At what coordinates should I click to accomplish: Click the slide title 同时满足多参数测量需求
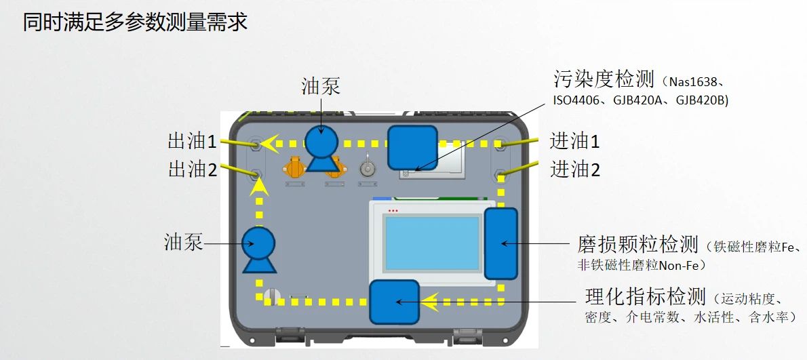click(136, 22)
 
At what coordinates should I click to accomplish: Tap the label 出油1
click(193, 142)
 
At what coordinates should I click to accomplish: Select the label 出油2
click(193, 169)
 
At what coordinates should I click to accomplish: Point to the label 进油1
click(574, 142)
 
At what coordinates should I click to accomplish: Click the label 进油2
click(574, 169)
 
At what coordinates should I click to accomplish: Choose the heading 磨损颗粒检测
click(637, 245)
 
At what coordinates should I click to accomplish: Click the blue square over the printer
click(412, 148)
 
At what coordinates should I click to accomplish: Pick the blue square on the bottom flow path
click(395, 302)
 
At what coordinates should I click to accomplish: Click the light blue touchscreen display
click(433, 243)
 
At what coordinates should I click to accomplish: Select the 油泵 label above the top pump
click(321, 86)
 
